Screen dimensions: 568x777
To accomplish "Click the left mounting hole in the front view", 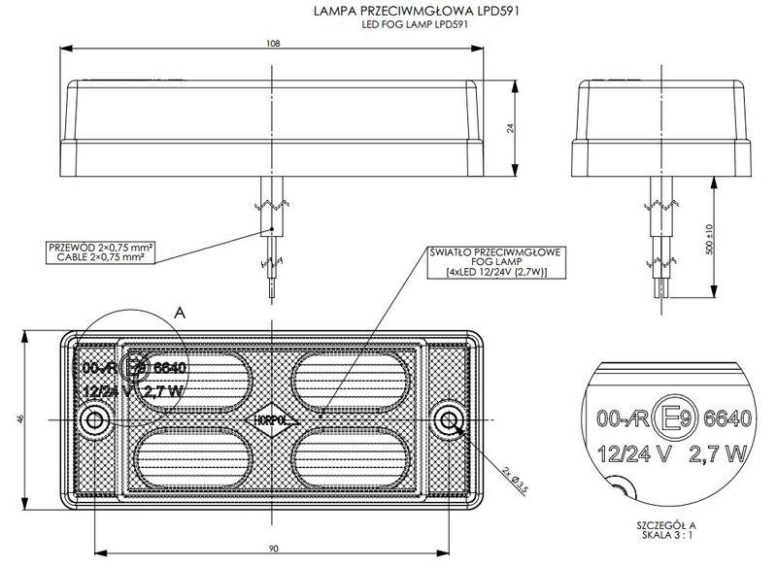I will pos(95,420).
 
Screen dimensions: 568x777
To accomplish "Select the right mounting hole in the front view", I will pos(448,420).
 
